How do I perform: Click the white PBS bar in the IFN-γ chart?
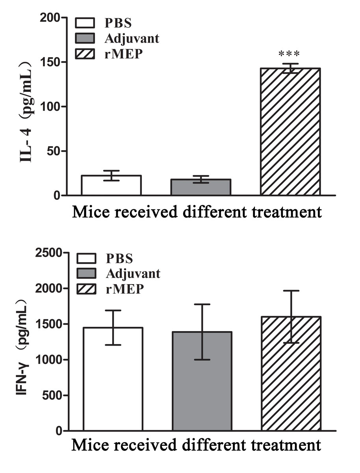coord(113,379)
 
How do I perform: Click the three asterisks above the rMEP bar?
coord(289,54)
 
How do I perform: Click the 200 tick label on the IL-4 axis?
coord(50,18)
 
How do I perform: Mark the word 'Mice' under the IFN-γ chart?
coord(89,446)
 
